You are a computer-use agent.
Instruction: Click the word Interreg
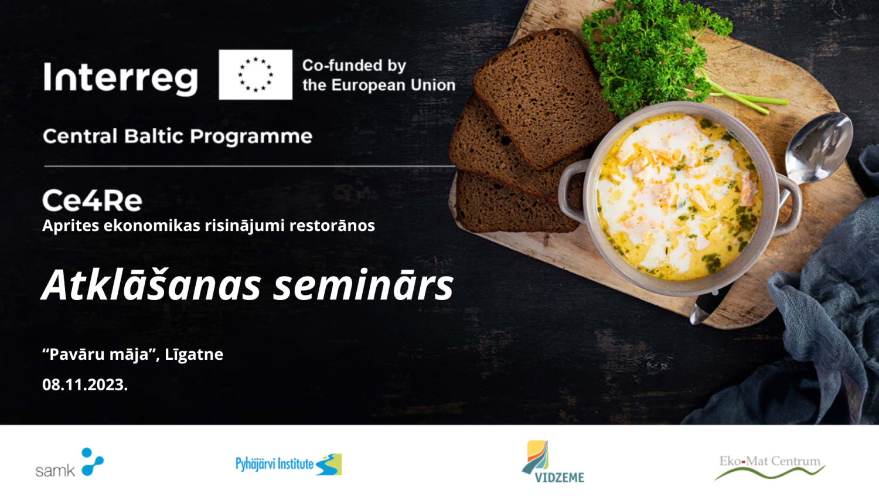[x=121, y=79]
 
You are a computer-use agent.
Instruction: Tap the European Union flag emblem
[x=255, y=74]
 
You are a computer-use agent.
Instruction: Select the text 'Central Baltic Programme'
[x=178, y=137]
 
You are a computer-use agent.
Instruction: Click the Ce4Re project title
[x=92, y=200]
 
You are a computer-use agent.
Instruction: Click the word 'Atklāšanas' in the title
[x=151, y=285]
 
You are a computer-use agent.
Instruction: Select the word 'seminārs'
[x=363, y=285]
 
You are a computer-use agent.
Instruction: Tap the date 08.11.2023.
[x=85, y=384]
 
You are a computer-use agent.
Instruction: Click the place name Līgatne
[x=194, y=355]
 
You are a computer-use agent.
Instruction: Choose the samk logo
[x=70, y=462]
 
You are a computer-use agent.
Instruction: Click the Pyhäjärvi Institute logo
[x=288, y=464]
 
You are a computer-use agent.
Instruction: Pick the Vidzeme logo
[x=553, y=462]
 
